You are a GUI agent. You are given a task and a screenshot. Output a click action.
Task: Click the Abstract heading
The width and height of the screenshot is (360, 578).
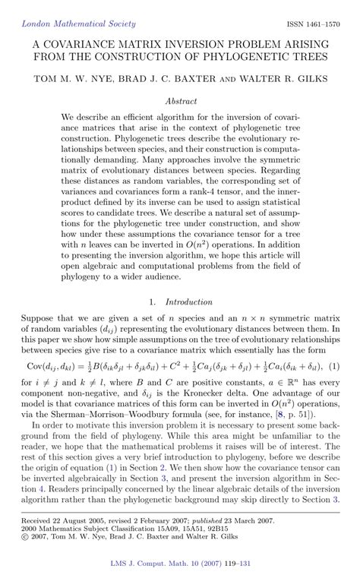pyautogui.click(x=181, y=99)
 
